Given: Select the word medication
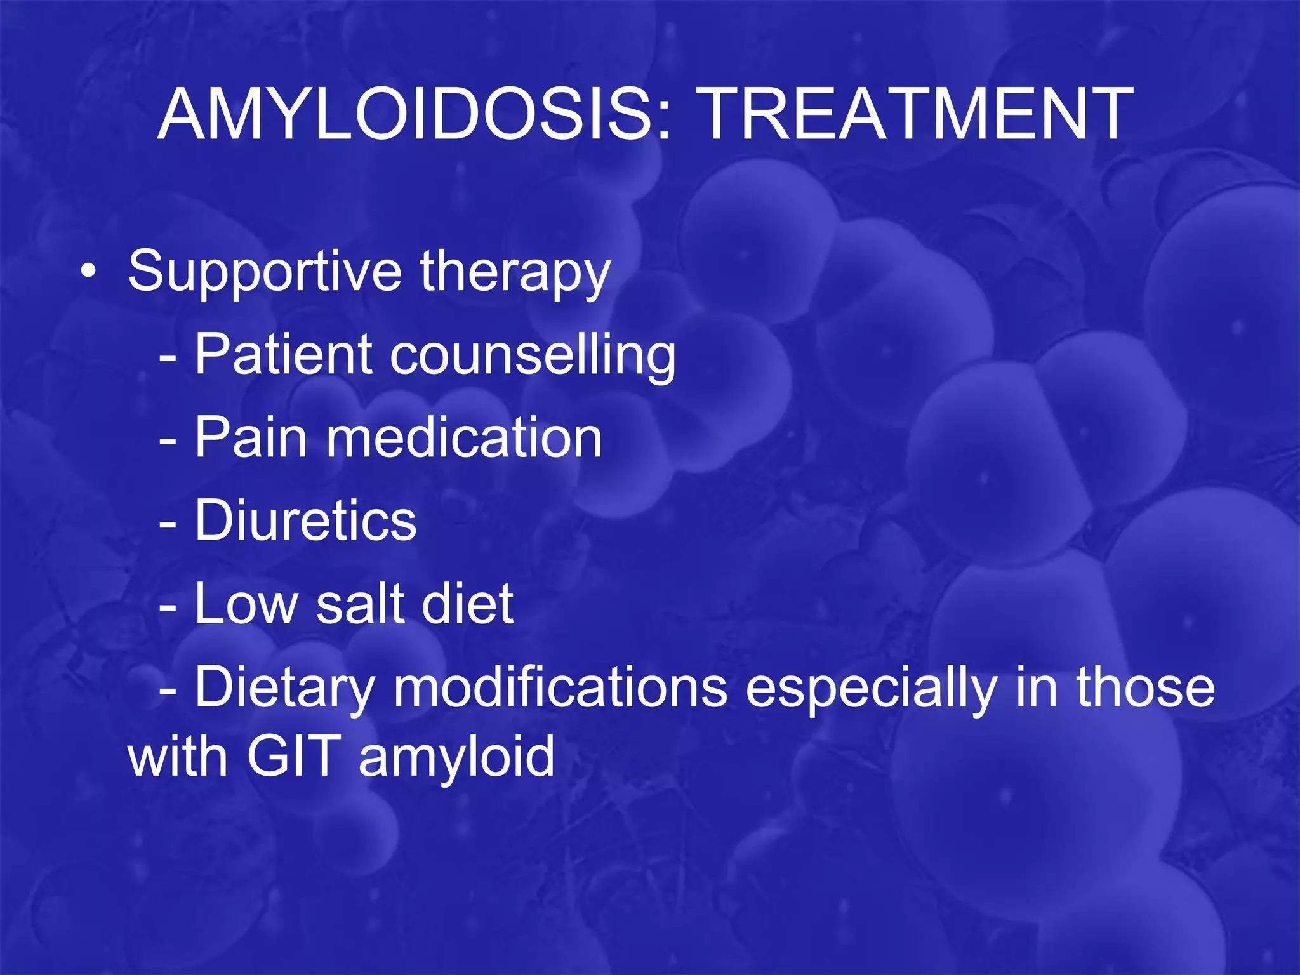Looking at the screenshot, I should pos(464,437).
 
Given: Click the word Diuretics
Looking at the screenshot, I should pos(305,521).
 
